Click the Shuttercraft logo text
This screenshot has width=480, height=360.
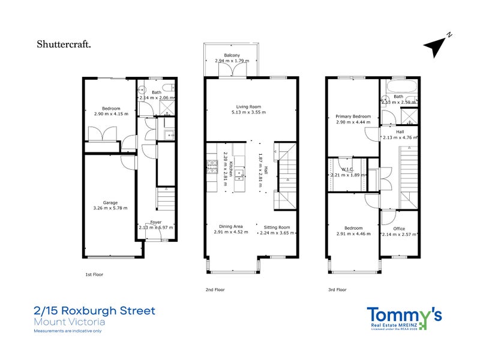(x=64, y=43)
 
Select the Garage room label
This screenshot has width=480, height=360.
(x=110, y=202)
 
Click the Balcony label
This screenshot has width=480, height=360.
(x=232, y=55)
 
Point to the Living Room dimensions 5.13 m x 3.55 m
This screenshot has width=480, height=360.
(x=248, y=112)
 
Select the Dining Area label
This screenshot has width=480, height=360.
(x=231, y=227)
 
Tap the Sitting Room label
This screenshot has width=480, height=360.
(x=277, y=227)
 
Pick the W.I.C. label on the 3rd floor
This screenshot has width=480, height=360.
(x=345, y=169)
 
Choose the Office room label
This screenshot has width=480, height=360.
(x=399, y=229)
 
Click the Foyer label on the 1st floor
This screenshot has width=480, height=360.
(x=155, y=222)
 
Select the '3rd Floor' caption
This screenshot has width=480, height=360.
(x=337, y=289)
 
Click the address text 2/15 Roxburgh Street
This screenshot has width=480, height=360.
(x=94, y=311)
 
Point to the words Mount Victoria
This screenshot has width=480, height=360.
(x=70, y=322)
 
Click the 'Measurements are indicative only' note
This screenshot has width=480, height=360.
(x=68, y=331)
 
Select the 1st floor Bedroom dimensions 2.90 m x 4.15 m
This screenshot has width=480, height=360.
(x=112, y=113)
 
